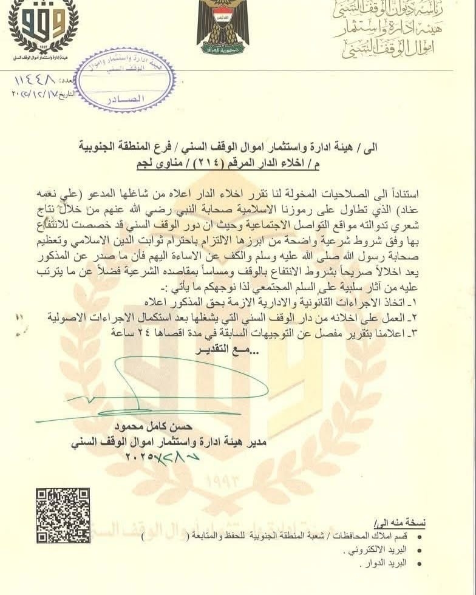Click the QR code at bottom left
point(63,515)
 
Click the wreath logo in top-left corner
point(42,27)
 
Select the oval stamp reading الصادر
point(125,80)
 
